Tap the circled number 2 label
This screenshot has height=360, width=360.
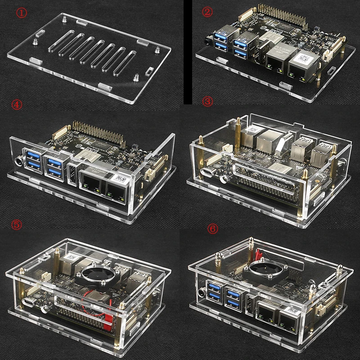[x=207, y=12]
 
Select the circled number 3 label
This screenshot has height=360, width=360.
[x=208, y=102]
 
